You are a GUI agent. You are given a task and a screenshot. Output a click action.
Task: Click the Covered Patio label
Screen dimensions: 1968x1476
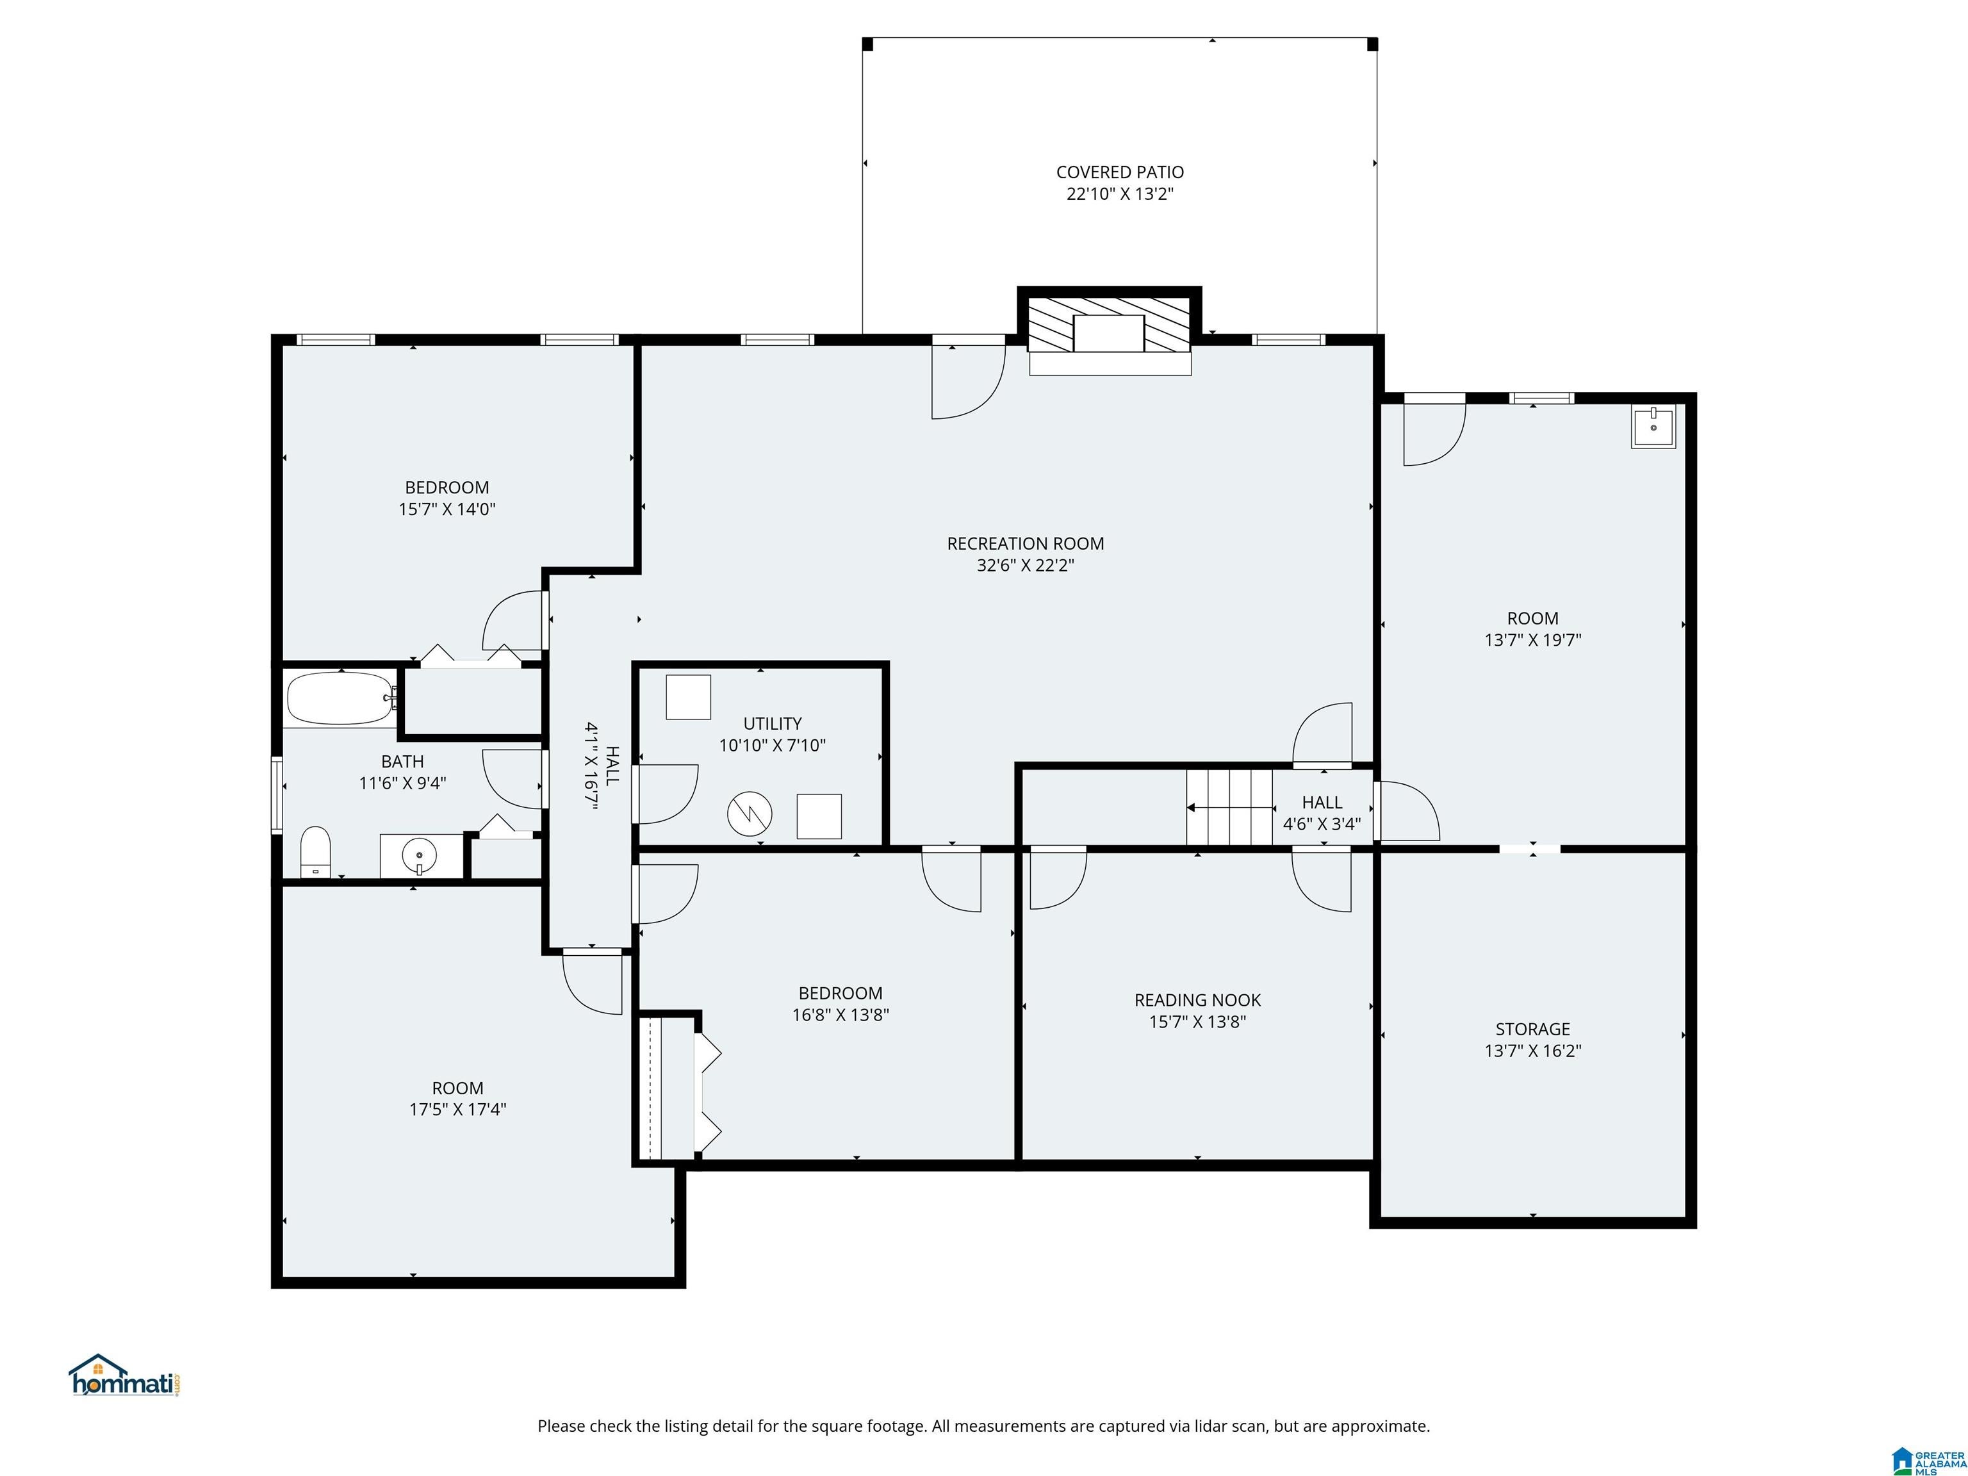coord(1120,172)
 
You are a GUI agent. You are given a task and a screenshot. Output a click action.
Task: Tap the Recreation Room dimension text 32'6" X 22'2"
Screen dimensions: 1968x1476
coord(1026,565)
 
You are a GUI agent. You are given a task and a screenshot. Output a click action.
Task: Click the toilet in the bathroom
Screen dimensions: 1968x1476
coord(316,851)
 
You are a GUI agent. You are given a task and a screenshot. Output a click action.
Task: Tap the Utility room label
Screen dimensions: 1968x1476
coord(772,724)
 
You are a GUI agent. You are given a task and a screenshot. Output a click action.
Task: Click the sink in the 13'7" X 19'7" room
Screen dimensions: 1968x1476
coord(1653,427)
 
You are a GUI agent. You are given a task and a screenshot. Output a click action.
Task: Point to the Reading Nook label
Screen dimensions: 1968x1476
coord(1197,1000)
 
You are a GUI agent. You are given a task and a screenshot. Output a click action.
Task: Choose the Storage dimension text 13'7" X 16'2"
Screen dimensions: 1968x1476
coord(1533,1051)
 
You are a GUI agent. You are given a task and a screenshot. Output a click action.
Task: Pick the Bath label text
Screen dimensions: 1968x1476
coord(402,762)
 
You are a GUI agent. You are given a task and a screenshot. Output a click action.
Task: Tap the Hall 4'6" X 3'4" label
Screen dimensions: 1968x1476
coord(1322,813)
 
